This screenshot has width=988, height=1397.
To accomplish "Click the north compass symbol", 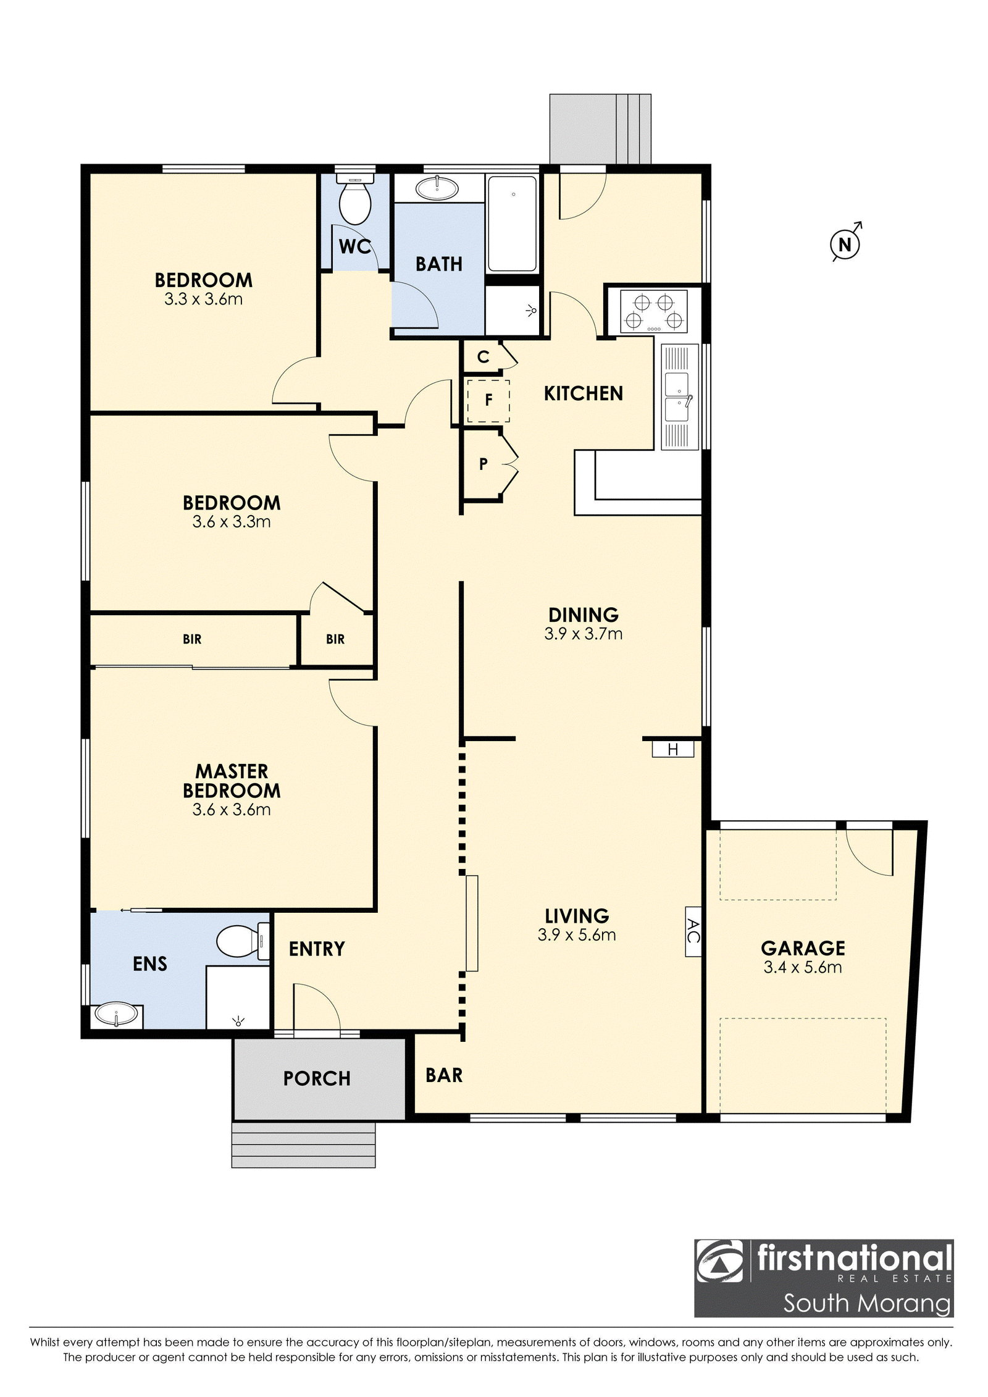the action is pos(845,244).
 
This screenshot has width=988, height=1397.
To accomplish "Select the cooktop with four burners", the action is pos(653,312).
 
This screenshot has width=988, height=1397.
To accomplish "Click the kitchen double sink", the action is pos(677,396).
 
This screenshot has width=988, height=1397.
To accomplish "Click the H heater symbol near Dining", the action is pos(673,749).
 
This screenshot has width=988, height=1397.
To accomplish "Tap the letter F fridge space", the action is pos(488,400).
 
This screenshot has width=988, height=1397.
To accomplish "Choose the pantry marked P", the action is pos(484,463).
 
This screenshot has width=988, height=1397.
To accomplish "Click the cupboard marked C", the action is pos(484,356).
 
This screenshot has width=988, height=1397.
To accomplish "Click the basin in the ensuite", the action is pos(116,1014).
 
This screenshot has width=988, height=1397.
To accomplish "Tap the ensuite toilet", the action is pos(243,942).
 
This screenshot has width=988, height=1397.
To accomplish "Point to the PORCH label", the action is pos(317,1078).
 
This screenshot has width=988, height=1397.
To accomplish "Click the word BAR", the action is pos(444,1075).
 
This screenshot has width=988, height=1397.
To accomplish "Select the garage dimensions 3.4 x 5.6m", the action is pos(803,967).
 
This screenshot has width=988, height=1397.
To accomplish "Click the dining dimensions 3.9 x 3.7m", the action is pos(584,634).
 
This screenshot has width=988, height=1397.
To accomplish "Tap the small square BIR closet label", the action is pos(335,639).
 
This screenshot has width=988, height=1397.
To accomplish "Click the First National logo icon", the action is pos(720,1261).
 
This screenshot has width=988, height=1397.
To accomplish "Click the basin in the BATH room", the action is pos(437,188).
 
